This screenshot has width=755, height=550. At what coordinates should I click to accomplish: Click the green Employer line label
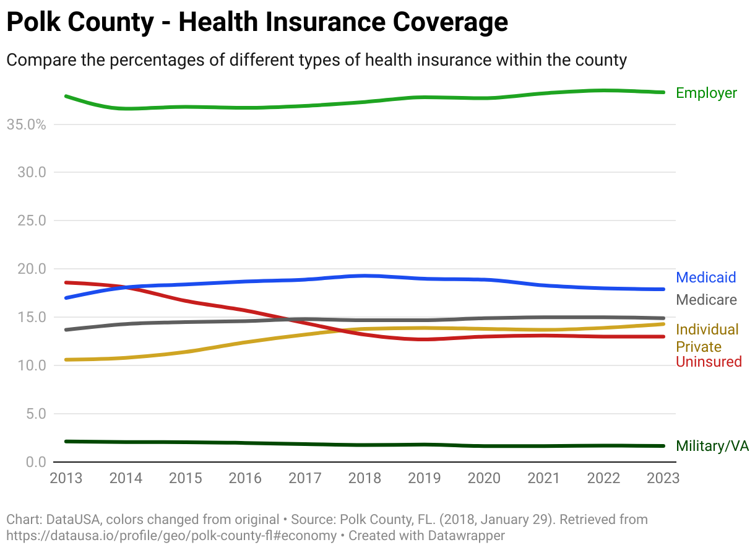(706, 93)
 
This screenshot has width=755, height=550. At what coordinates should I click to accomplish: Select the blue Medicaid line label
(706, 277)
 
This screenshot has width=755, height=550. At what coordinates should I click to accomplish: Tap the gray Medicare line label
(706, 300)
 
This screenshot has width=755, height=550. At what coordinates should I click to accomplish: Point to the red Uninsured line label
(709, 362)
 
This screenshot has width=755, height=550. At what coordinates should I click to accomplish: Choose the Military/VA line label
(712, 446)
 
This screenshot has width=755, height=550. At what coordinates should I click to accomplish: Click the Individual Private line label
(707, 338)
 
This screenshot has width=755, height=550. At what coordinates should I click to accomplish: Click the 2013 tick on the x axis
(66, 478)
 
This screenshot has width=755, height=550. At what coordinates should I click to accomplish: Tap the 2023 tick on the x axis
(662, 478)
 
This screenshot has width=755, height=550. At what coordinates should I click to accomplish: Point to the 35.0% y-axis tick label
(26, 124)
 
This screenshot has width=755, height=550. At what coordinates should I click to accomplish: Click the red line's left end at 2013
(66, 282)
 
